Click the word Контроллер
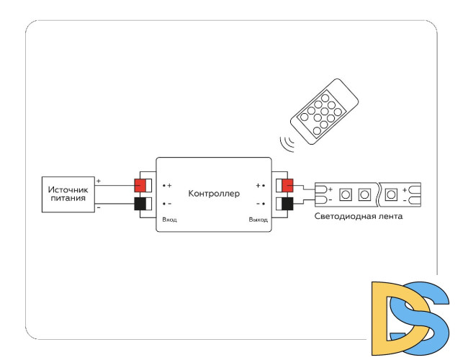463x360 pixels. [214, 194]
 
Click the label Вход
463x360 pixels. [170, 219]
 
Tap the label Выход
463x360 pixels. [258, 219]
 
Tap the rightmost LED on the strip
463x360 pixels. [392, 194]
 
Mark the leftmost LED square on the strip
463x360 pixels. [346, 194]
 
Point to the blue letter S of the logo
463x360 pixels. [425, 317]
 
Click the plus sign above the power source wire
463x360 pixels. [99, 180]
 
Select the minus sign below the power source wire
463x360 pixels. [99, 209]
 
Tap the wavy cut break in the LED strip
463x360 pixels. [379, 194]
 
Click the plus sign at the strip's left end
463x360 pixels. [330, 189]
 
